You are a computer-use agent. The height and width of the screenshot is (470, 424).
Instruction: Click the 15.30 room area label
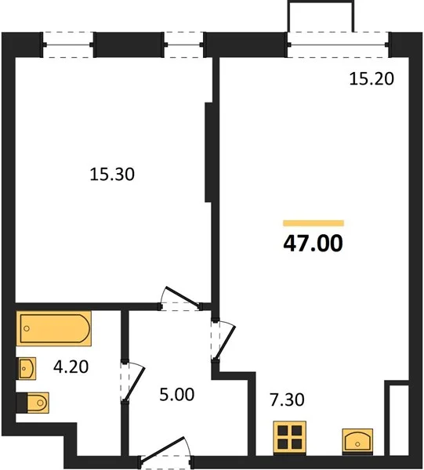(112, 174)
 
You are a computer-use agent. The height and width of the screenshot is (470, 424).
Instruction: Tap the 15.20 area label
(371, 79)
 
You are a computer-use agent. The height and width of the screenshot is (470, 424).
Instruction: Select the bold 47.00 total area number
(313, 243)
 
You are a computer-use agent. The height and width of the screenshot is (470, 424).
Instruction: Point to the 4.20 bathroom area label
(71, 367)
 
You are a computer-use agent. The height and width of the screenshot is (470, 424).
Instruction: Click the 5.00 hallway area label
(177, 395)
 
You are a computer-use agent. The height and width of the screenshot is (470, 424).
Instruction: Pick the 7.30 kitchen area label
(287, 399)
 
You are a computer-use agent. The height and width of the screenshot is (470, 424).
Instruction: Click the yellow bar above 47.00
(313, 223)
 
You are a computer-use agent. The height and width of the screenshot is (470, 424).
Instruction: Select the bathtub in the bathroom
(54, 328)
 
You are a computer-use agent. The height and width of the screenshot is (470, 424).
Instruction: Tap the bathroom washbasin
(27, 368)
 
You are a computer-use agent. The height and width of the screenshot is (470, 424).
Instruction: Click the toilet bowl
(37, 403)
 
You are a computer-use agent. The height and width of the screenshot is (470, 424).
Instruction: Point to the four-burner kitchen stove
(290, 437)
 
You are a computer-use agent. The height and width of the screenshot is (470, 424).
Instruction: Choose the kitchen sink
(357, 440)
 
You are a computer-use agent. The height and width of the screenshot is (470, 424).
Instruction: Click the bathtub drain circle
(27, 328)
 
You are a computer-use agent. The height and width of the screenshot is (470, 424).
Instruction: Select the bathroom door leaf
(134, 385)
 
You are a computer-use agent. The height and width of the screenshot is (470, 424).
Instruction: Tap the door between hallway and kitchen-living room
(225, 342)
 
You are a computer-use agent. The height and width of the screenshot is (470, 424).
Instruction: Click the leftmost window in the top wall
(68, 45)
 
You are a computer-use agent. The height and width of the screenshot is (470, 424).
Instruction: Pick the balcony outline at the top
(321, 16)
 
